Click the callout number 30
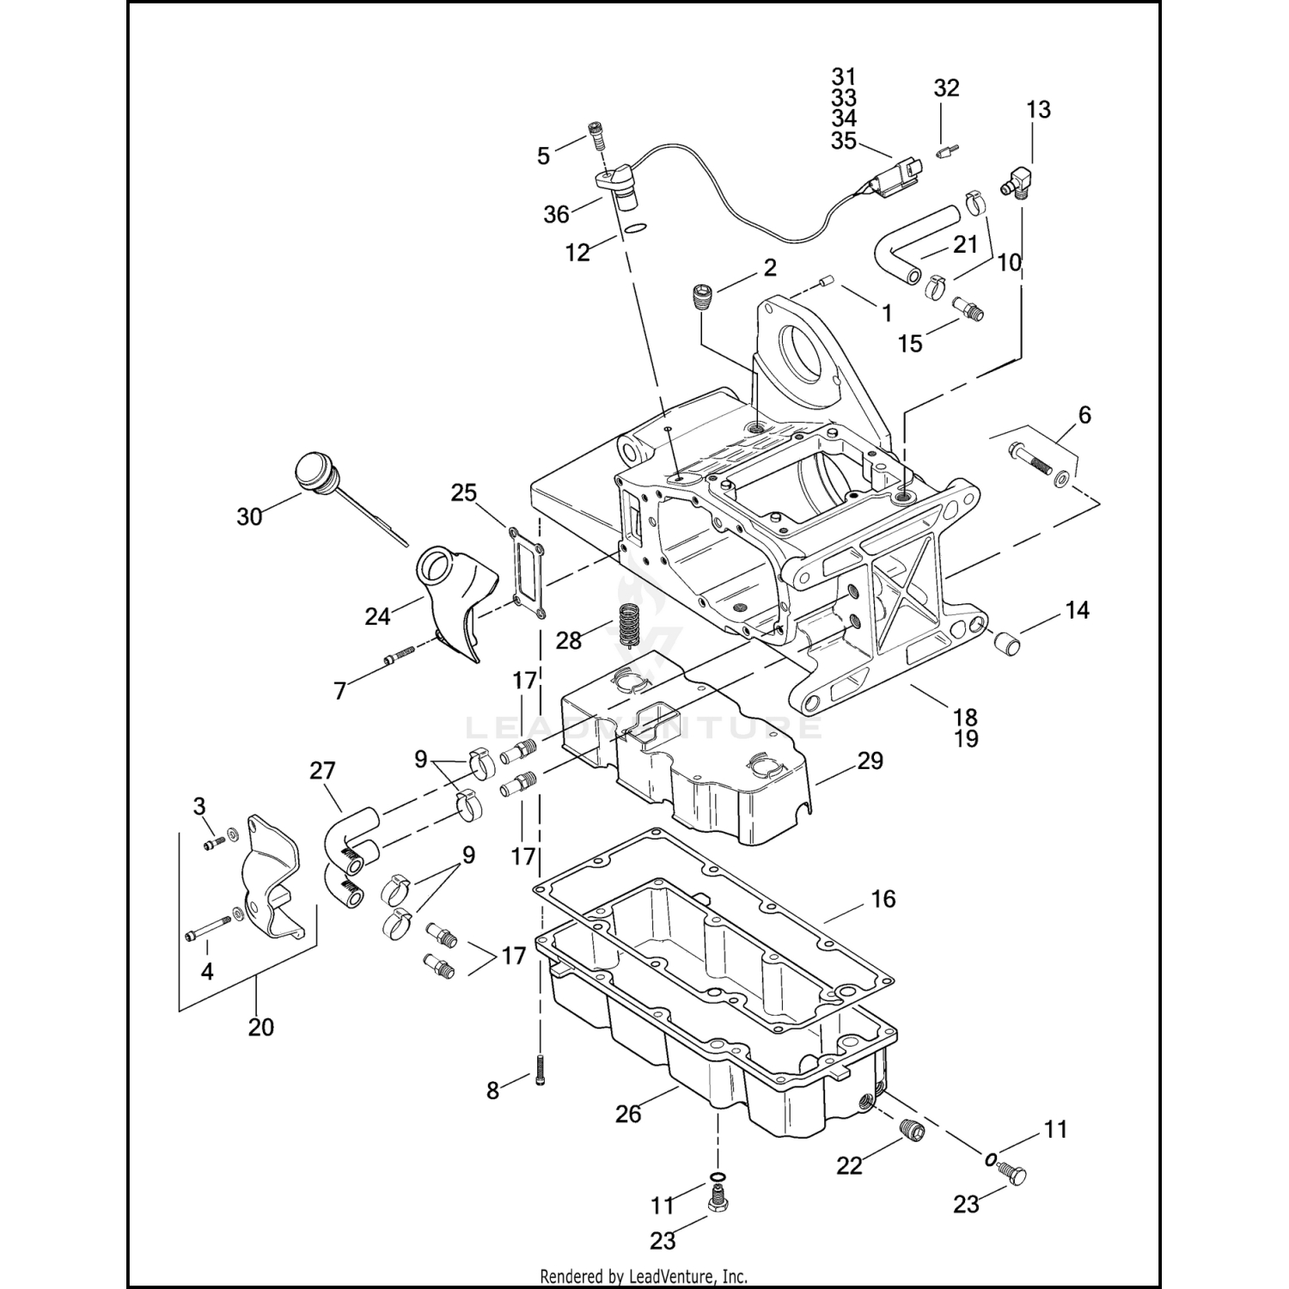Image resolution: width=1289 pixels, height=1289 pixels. (249, 517)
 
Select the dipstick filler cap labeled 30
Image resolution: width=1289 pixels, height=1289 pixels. (314, 474)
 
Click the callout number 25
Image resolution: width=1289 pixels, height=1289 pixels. (464, 493)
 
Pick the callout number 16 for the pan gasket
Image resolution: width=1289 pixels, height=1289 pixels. (883, 900)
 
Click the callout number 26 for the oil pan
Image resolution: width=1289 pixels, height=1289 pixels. (628, 1114)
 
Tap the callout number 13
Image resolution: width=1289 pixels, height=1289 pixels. (1038, 110)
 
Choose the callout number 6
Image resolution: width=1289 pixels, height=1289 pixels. (1084, 416)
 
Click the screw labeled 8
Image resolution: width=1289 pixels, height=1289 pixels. (540, 1069)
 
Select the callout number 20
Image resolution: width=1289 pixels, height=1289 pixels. (261, 1027)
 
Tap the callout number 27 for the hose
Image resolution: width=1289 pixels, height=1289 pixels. (322, 771)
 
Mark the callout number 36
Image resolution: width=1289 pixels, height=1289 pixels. (557, 214)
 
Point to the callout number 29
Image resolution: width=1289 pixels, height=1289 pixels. (870, 761)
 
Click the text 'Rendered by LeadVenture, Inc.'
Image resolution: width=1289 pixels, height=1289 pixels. (644, 1277)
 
